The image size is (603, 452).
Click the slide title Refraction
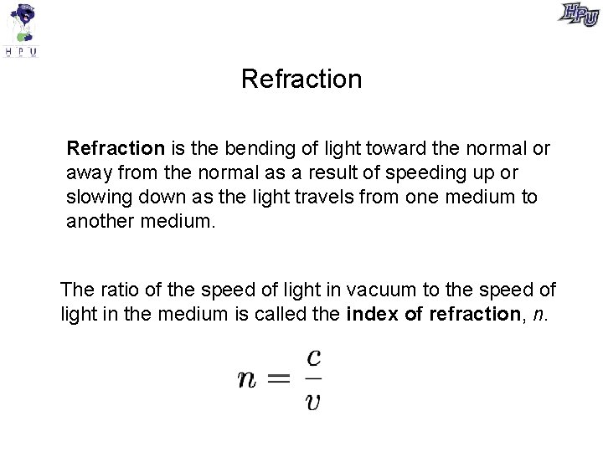301,79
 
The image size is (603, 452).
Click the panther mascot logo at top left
22,29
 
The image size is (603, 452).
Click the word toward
395,149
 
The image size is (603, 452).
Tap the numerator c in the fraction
314,357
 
